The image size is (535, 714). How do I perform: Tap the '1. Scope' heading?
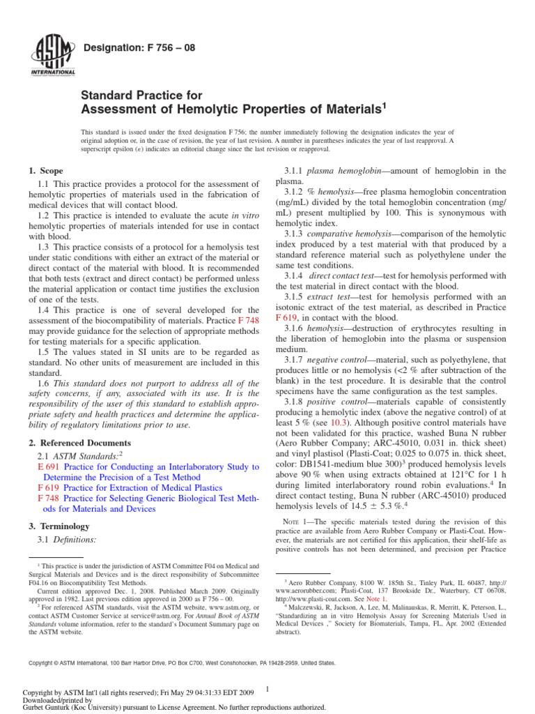tap(45, 171)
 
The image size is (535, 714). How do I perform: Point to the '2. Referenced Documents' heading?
tap(79, 443)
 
